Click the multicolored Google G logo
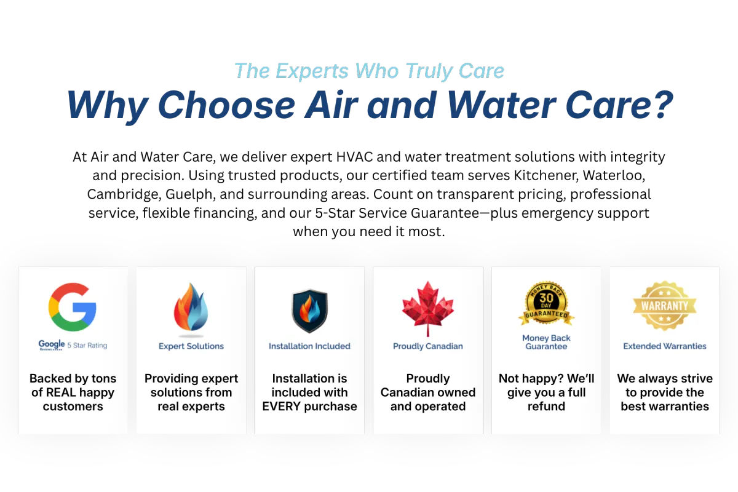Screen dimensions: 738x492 [73, 307]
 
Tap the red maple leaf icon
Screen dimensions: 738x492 [427, 309]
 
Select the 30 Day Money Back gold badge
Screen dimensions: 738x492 [546, 303]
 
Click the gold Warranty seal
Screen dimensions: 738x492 [665, 306]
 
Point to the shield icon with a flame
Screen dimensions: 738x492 [309, 311]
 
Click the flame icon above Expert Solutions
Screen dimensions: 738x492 [191, 307]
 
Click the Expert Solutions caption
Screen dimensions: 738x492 [191, 346]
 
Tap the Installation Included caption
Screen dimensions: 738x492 [309, 346]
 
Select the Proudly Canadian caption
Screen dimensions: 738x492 [427, 346]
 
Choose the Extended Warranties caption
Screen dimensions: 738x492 [665, 346]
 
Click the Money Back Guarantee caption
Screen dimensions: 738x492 [546, 342]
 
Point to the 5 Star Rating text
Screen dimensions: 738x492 [87, 346]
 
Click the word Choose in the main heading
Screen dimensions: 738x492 [226, 105]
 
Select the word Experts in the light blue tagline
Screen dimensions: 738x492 [312, 71]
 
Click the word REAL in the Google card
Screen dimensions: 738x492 [61, 392]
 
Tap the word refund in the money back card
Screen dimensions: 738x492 [546, 407]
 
